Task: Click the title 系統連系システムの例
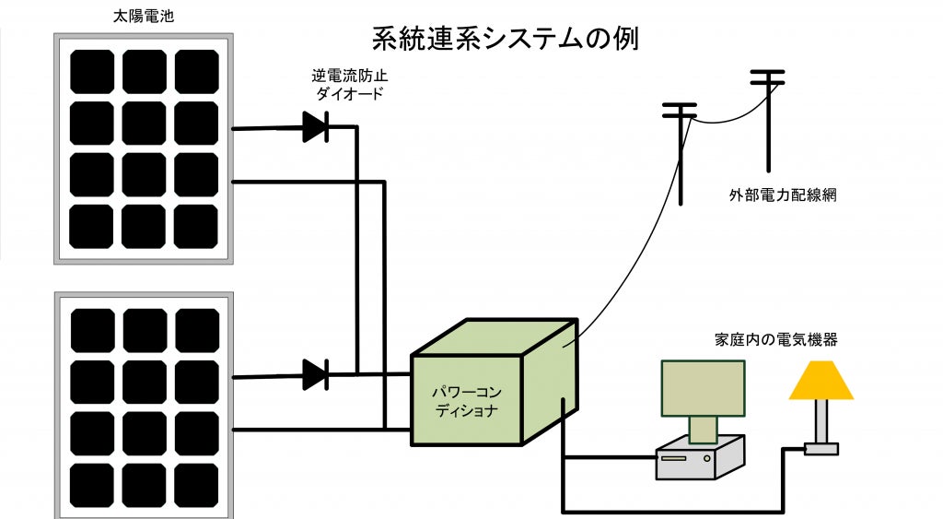pyautogui.click(x=505, y=39)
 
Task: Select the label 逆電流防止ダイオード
pyautogui.click(x=346, y=85)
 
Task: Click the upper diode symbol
pyautogui.click(x=316, y=127)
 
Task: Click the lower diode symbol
pyautogui.click(x=316, y=374)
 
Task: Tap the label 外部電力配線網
pyautogui.click(x=781, y=195)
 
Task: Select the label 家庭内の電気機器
pyautogui.click(x=775, y=339)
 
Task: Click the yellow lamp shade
pyautogui.click(x=821, y=380)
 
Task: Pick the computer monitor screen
pyautogui.click(x=702, y=388)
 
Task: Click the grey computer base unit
pyautogui.click(x=698, y=457)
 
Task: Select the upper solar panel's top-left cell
pyautogui.click(x=92, y=72)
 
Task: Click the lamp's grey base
pyautogui.click(x=821, y=449)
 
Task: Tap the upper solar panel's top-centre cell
pyautogui.click(x=144, y=72)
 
